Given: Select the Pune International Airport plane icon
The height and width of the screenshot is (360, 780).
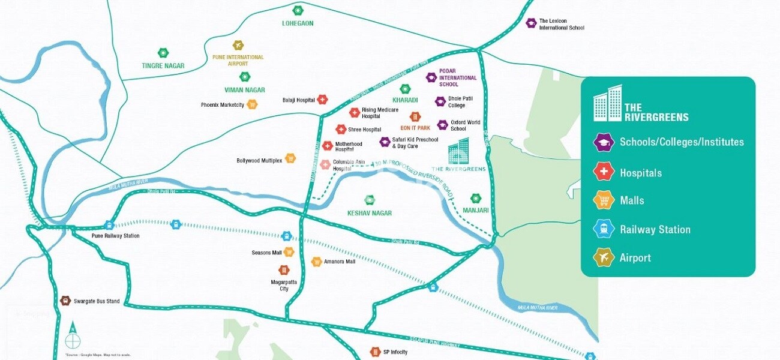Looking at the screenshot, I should pos(238,45).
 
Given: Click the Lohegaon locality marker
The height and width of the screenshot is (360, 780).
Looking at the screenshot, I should pos(298,10).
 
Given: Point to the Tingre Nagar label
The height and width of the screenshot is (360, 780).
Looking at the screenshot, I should pos(163,65).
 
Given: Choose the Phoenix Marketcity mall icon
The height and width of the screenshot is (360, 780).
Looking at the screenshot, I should pos(252,104).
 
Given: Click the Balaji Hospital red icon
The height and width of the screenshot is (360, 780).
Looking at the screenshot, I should pos(322,100).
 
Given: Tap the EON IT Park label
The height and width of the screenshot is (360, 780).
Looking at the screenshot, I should pos(415,128).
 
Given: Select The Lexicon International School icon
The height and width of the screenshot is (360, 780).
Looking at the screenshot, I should pos(531,23).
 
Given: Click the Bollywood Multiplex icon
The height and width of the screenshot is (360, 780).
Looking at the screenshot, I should pos(290,158).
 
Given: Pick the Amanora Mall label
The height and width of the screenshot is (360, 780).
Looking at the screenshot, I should pos(340,262).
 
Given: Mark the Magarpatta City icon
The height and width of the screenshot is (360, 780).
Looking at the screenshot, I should pos(284,271).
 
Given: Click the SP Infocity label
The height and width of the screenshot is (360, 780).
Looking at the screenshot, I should pos(395,352).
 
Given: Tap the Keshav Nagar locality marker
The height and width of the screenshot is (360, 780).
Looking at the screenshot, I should pos(370,200).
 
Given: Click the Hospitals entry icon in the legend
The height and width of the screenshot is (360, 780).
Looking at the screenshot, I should pos(603,172).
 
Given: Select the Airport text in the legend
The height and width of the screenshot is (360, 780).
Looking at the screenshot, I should pos(635,258).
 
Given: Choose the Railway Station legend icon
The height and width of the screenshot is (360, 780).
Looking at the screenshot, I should pos(603,229).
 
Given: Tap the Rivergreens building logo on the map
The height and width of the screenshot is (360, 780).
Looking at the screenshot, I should pos(460,151).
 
